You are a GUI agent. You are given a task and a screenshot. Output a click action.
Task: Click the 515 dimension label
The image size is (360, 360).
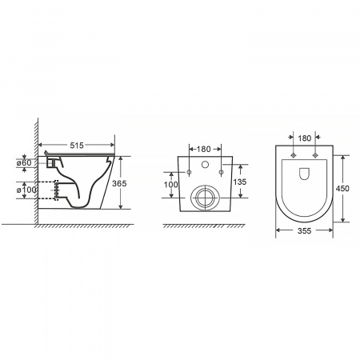[77, 146]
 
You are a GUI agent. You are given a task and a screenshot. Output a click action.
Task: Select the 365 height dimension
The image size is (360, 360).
[119, 183]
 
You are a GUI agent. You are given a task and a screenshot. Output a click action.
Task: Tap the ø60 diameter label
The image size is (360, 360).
[24, 162]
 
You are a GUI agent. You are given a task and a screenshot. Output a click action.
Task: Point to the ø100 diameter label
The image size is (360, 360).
[26, 190]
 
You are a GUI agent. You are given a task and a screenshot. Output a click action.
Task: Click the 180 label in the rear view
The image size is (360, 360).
[204, 149]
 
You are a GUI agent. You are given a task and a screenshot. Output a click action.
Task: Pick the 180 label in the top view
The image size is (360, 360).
[305, 138]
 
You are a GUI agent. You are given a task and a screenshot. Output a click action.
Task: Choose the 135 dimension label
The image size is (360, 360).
[240, 182]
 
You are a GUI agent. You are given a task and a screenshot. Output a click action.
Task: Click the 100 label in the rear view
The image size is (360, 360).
[170, 185]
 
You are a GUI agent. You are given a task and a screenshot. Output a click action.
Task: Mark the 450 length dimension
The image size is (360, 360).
[342, 189]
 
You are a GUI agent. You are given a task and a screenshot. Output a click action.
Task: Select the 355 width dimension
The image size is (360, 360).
[304, 230]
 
